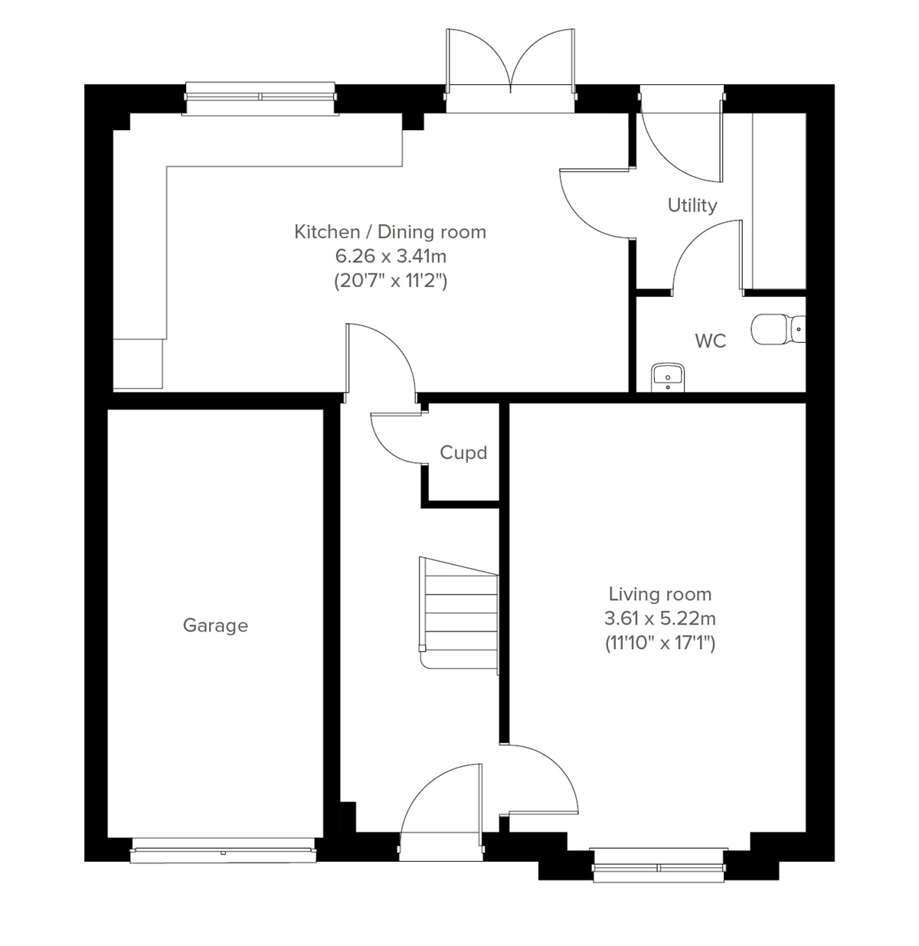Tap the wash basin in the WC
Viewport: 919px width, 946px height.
[x=668, y=377]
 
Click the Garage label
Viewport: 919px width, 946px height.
[x=215, y=625]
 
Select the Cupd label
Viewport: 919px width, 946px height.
[x=463, y=452]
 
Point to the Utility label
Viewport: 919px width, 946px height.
[x=692, y=205]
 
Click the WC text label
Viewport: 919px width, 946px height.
[x=710, y=341]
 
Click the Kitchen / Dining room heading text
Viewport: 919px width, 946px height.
[x=390, y=231]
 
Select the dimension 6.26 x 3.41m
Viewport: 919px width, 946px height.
[x=390, y=256]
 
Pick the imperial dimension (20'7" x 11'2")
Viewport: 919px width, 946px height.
[x=390, y=280]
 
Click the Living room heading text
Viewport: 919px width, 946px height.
[x=659, y=594]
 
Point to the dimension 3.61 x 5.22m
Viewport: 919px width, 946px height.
[x=659, y=618]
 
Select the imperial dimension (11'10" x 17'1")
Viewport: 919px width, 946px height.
[x=659, y=643]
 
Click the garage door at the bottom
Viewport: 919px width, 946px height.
[x=223, y=850]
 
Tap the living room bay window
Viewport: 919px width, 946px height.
[x=659, y=866]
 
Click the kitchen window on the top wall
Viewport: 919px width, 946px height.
[x=260, y=97]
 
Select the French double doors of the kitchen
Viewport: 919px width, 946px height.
[x=510, y=77]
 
